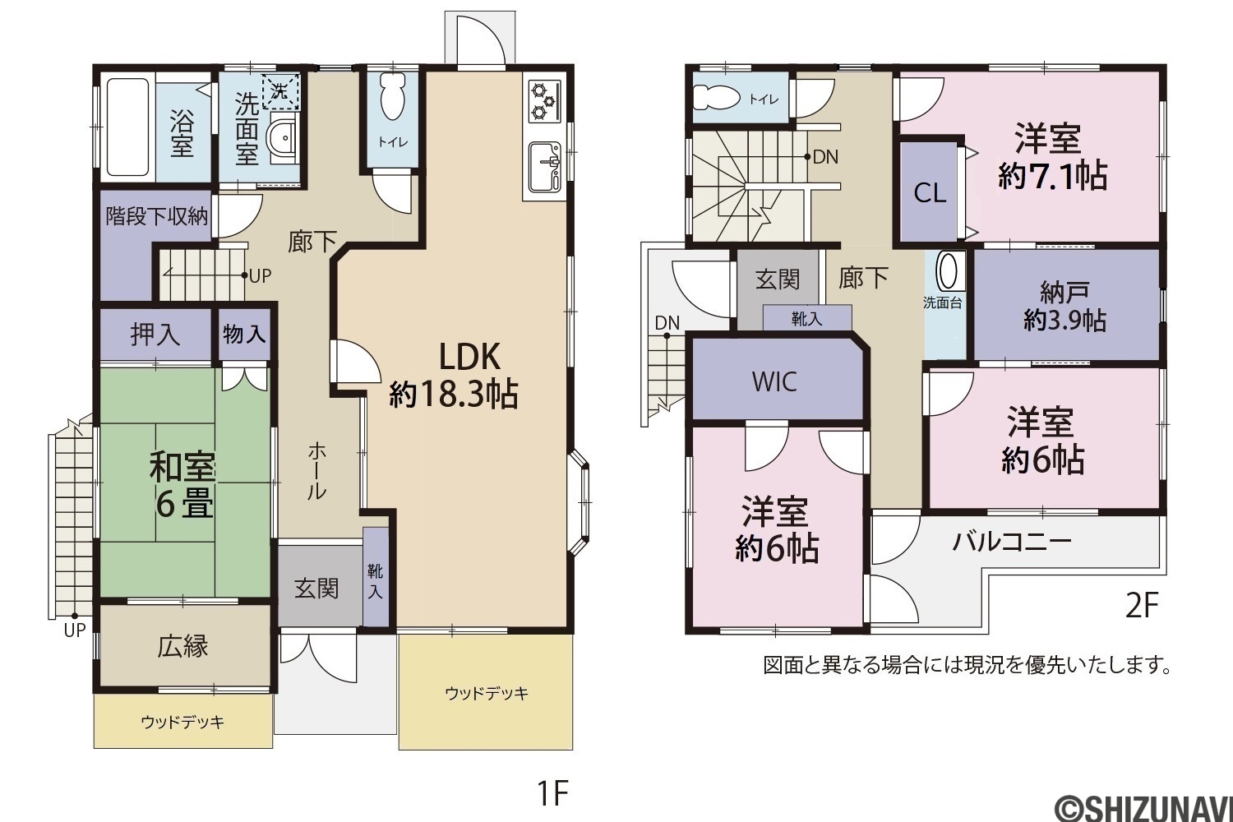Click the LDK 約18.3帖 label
click(453, 374)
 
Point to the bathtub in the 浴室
click(127, 126)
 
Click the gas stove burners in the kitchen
click(544, 101)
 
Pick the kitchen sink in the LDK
click(545, 166)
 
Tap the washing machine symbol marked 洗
click(280, 91)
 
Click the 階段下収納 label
click(157, 216)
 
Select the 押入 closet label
click(155, 334)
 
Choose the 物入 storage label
click(244, 333)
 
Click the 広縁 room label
click(182, 646)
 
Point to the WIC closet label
click(774, 381)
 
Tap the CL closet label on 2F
click(930, 192)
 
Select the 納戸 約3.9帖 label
click(1064, 307)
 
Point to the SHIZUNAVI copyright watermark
click(1143, 808)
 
